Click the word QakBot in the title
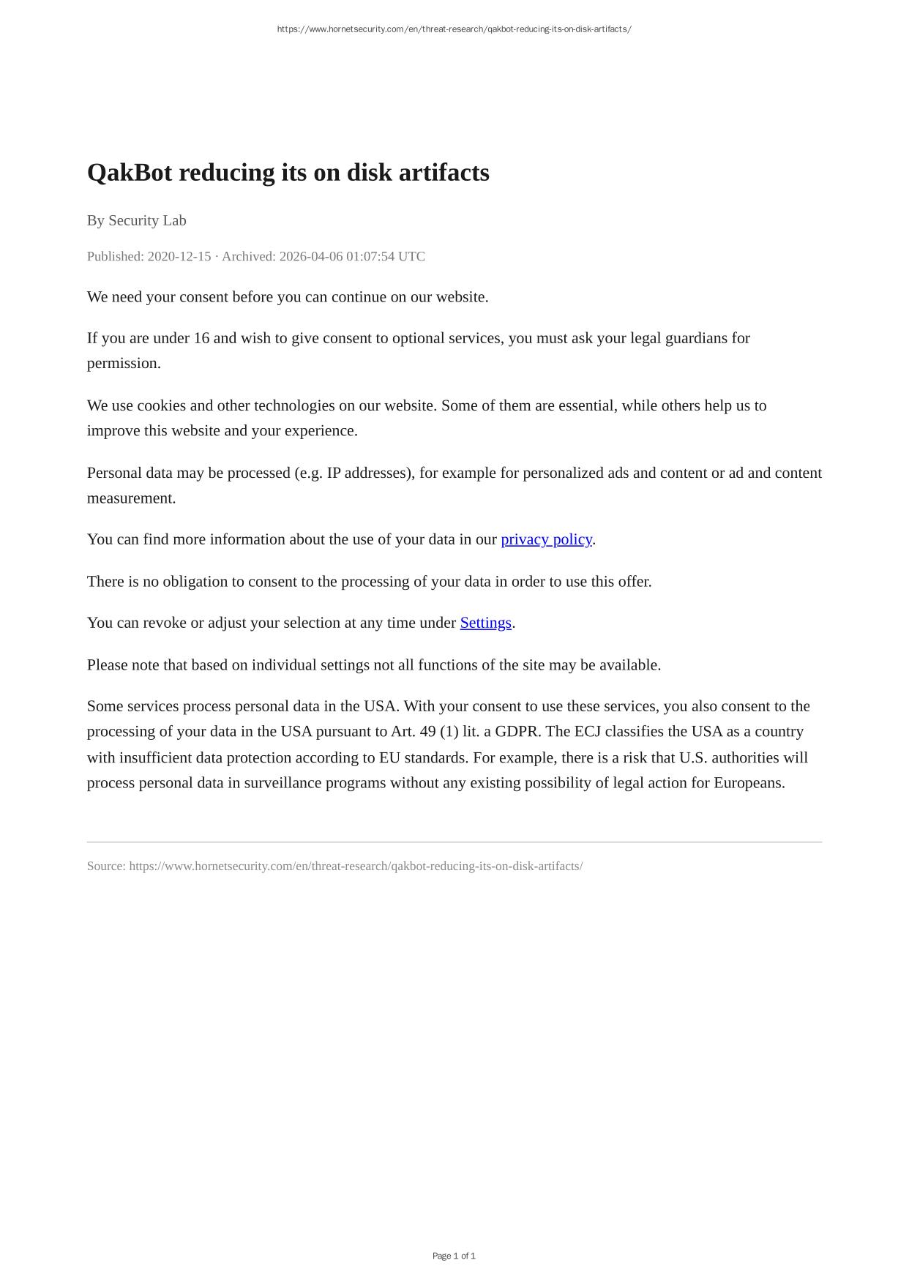[x=130, y=173]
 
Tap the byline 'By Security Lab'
[x=137, y=220]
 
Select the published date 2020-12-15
[x=179, y=256]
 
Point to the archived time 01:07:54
[x=370, y=256]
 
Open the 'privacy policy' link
[x=546, y=539]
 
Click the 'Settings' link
[x=485, y=623]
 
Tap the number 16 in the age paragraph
[x=201, y=338]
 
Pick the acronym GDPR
[x=517, y=732]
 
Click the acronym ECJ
[x=587, y=732]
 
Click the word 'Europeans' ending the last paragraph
[x=748, y=783]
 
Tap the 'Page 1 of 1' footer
[x=454, y=1256]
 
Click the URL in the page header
[x=454, y=29]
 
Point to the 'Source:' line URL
[x=356, y=866]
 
